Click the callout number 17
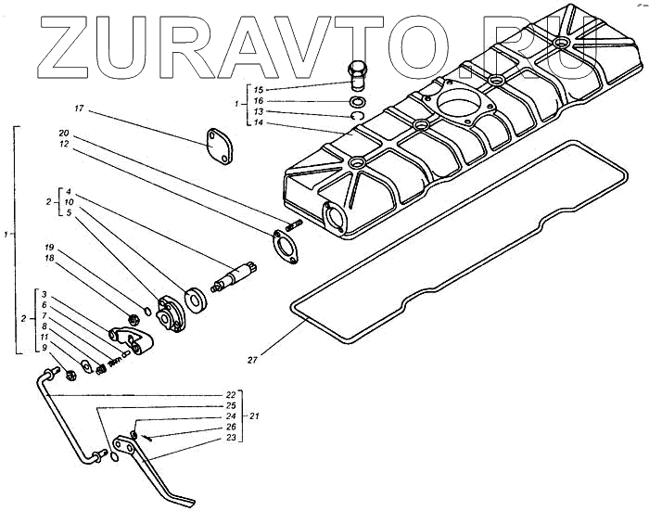click(79, 109)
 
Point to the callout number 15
click(258, 89)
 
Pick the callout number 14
click(258, 122)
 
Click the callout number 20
click(63, 133)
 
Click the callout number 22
click(230, 394)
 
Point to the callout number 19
click(50, 248)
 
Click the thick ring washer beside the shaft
click(196, 299)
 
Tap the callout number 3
click(44, 294)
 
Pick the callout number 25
click(230, 405)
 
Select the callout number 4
click(70, 191)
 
